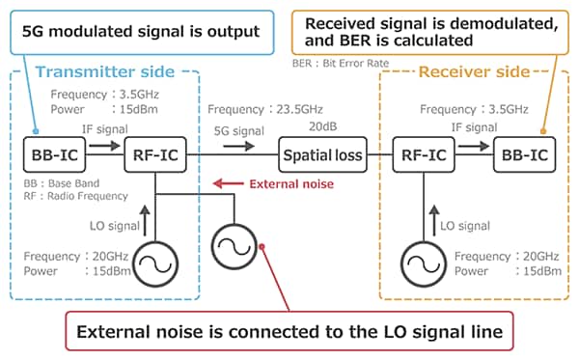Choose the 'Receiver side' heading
(x=474, y=71)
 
